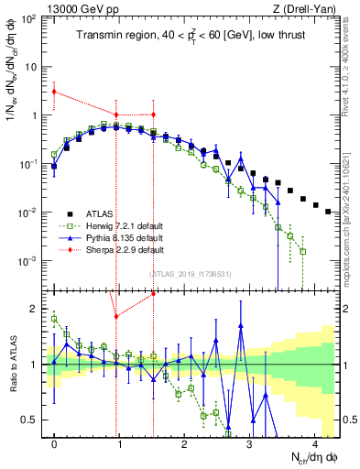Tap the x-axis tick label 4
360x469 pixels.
coord(314,445)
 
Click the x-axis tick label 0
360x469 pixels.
coord(54,445)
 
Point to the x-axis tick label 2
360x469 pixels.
coord(184,445)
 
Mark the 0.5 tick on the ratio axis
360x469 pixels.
coord(34,420)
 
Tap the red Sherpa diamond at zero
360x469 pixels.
coord(54,91)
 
